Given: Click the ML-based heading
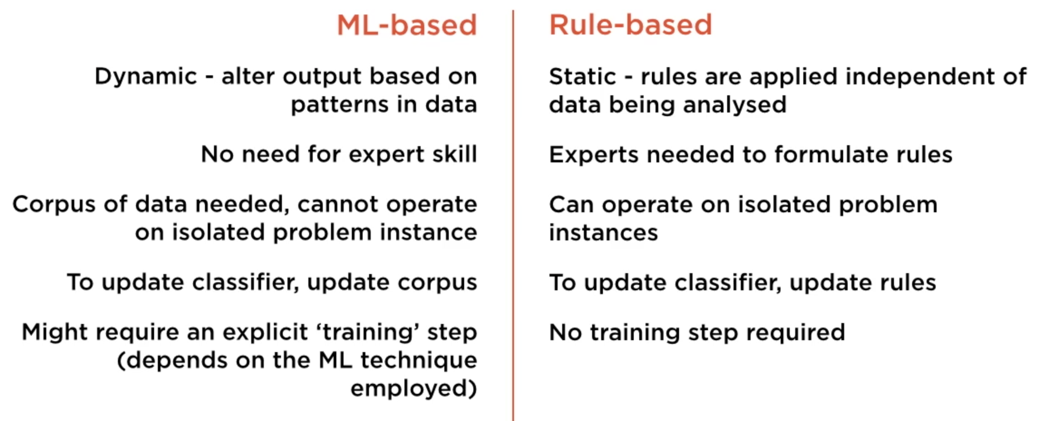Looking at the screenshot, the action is tap(407, 24).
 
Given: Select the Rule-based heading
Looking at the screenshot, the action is tap(631, 24).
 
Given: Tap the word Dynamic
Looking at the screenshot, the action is tap(146, 76).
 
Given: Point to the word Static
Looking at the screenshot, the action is tap(583, 77).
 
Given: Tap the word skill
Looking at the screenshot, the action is tap(454, 154).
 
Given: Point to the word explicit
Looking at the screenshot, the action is tap(265, 333).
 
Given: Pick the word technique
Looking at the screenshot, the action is tap(418, 361).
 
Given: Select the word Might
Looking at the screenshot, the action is tap(54, 333).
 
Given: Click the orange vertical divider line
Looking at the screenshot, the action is tap(513, 215).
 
